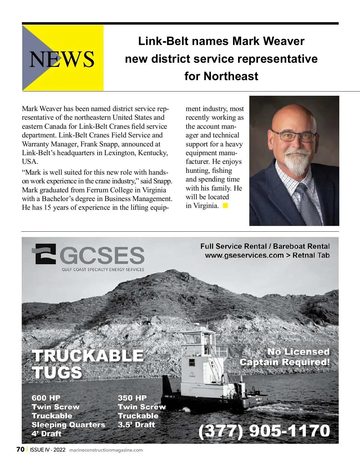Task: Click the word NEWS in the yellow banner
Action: tap(62, 59)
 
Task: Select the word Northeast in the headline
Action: tap(231, 76)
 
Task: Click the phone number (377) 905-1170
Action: tap(264, 431)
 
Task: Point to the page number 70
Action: tap(20, 449)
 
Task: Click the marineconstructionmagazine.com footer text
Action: tap(106, 450)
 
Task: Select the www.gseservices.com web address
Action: tap(244, 255)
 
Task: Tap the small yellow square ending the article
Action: tap(225, 206)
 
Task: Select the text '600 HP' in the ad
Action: tap(46, 398)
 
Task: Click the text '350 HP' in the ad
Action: tap(132, 398)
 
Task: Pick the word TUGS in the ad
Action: tap(57, 372)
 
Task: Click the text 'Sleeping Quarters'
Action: tap(68, 425)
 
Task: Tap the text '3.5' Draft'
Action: tap(136, 425)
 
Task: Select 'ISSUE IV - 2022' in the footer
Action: tap(48, 450)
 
